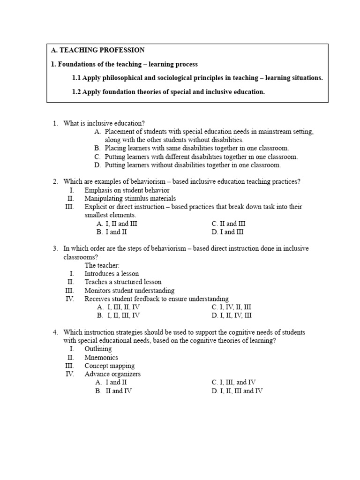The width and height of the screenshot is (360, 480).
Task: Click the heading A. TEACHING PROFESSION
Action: [x=97, y=50]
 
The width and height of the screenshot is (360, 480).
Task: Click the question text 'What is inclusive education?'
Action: [x=101, y=123]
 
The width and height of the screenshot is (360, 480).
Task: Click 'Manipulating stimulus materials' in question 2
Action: [x=130, y=198]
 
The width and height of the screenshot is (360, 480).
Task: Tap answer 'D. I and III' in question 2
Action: [x=227, y=232]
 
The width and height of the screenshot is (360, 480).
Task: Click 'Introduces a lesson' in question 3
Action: [x=112, y=274]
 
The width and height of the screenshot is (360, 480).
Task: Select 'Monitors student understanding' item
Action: [x=129, y=290]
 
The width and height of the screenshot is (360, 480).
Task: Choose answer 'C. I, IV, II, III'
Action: [x=232, y=307]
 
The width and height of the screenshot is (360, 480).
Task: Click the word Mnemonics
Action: [x=101, y=357]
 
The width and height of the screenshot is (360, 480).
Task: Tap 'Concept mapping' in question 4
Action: [x=109, y=366]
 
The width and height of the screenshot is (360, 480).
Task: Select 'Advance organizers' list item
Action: [x=112, y=374]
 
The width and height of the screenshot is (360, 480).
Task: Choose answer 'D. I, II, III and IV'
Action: [x=237, y=391]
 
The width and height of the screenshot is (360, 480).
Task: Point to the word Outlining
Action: [x=98, y=349]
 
